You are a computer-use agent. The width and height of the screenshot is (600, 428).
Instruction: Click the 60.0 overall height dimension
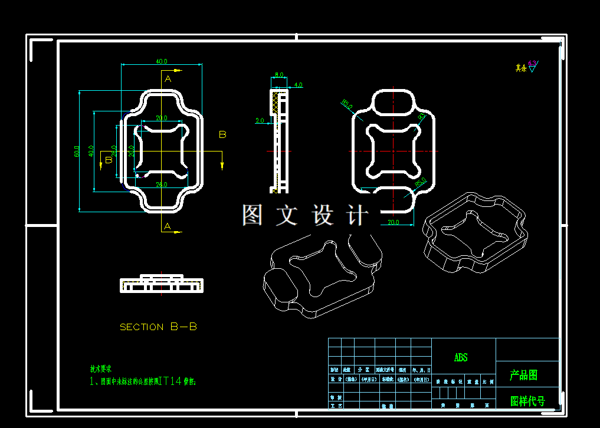pos(77,152)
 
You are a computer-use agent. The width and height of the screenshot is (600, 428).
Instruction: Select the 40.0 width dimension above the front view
pos(161,61)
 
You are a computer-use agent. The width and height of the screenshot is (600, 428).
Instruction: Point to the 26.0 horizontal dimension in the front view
pos(162,185)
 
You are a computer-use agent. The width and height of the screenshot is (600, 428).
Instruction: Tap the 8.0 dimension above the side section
pos(279,75)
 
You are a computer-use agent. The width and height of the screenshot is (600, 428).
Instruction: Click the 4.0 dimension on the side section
pos(298,85)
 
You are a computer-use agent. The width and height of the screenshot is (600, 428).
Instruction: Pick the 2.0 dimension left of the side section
pos(260,121)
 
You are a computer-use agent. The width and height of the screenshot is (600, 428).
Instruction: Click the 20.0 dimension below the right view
pos(394,222)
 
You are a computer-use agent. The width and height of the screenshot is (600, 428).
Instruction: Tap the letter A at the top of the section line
pos(168,78)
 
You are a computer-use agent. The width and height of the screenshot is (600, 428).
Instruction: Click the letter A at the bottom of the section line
pos(168,226)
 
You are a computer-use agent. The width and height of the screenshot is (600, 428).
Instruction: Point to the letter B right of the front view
pos(222,134)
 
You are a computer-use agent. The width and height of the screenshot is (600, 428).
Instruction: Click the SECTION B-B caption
pos(158,327)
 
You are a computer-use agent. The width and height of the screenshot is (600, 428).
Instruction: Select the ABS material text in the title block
pos(460,358)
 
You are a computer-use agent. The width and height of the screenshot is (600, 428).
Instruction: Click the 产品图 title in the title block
pos(523,375)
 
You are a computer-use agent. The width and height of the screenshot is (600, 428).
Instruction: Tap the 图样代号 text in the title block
pos(527,401)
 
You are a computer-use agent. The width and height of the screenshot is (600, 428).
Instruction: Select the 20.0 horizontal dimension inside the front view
pos(161,118)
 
